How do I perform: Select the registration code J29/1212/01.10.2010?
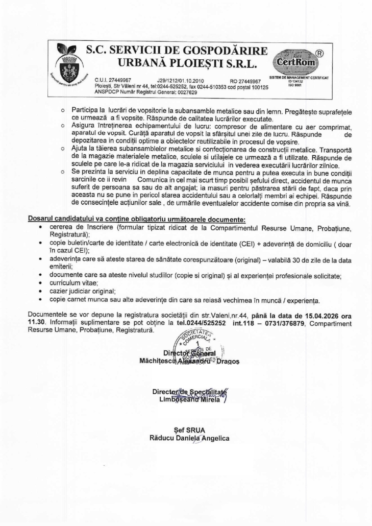pos(181,80)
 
